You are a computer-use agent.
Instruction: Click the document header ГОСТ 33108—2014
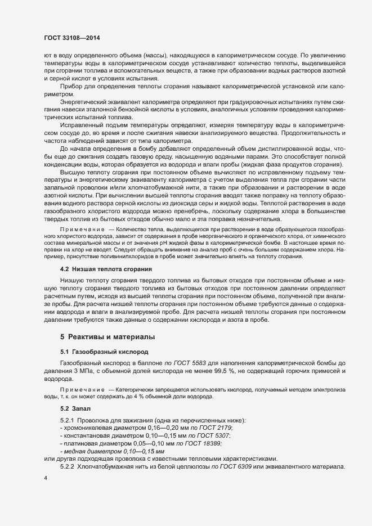(72, 38)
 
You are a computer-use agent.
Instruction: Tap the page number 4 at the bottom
(46, 478)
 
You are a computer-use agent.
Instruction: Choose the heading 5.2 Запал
(75, 407)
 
